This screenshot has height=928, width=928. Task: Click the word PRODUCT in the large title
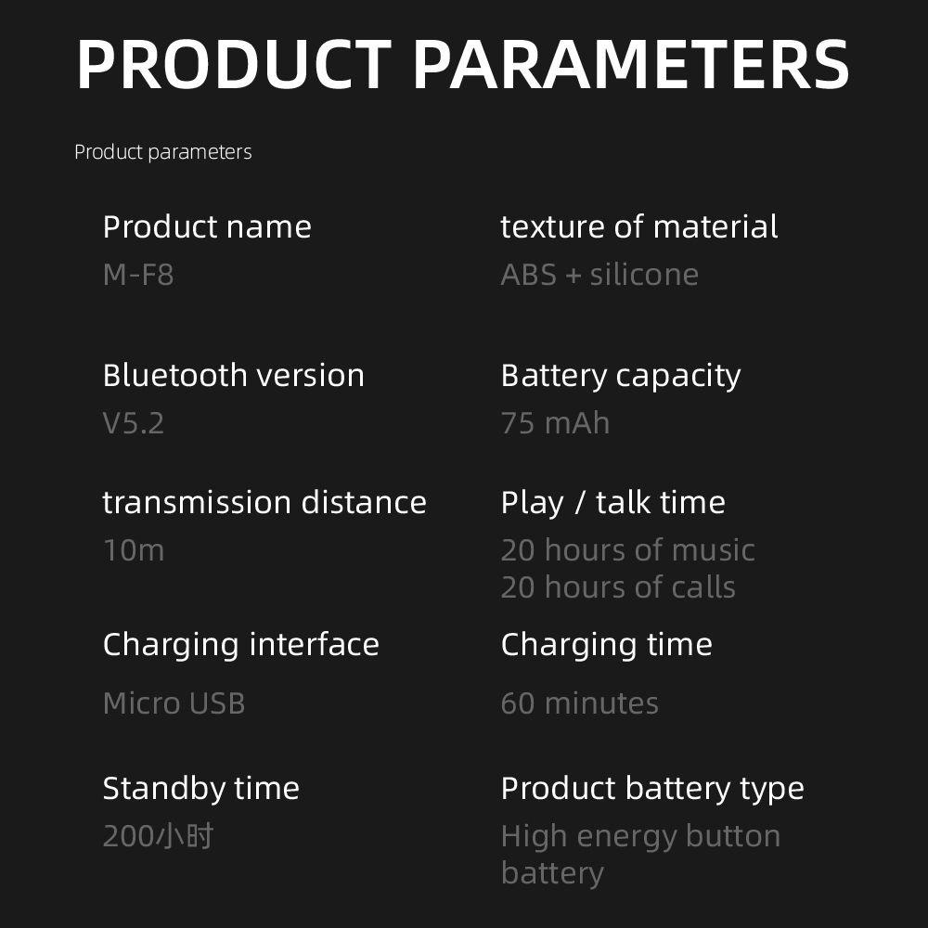[x=234, y=64]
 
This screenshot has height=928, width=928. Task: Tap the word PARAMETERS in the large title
[x=631, y=64]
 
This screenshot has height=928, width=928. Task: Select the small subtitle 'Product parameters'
[x=163, y=153]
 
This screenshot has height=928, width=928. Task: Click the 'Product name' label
[x=207, y=226]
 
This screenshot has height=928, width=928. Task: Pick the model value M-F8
[x=138, y=275]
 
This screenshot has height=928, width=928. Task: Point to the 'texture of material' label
[x=639, y=226]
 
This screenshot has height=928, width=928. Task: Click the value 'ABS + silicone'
[x=599, y=275]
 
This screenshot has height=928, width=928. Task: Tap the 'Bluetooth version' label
[x=234, y=375]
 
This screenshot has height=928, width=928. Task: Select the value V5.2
[x=134, y=423]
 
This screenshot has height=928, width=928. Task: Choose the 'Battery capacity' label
[x=621, y=377]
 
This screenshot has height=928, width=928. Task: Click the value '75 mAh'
[x=555, y=423]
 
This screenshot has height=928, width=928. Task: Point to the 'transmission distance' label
[x=264, y=502]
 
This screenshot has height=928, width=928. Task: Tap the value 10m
[x=134, y=550]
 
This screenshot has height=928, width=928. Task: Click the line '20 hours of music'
[x=628, y=549]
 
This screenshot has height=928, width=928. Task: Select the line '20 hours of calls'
[x=618, y=587]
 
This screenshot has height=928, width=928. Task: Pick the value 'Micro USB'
[x=174, y=703]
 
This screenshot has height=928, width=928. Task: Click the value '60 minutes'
[x=579, y=703]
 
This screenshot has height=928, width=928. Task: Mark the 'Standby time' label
[x=201, y=789]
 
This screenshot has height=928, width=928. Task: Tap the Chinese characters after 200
[x=184, y=837]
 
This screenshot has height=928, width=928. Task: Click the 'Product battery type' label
[x=652, y=790]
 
